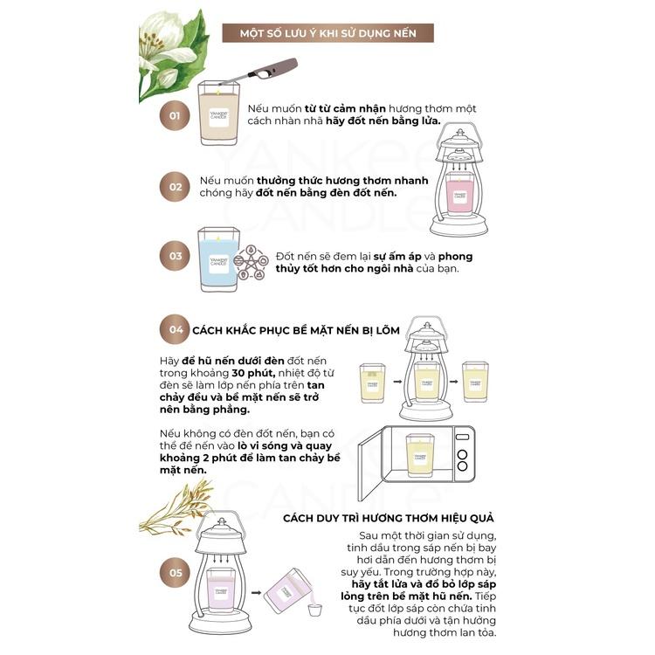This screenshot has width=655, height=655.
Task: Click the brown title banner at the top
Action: tap(327, 33)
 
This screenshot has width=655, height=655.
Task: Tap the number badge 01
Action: tap(175, 115)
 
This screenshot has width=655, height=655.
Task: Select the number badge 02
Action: tap(175, 187)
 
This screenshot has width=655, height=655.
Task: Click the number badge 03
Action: tap(175, 256)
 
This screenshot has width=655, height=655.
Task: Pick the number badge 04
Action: tap(175, 329)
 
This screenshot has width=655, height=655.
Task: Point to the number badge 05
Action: tap(175, 572)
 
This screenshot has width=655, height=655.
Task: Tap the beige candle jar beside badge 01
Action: tap(217, 114)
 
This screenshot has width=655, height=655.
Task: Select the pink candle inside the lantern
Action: tap(459, 194)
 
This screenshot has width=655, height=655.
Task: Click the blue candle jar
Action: tap(218, 259)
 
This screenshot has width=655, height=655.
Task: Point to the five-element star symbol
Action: tap(251, 263)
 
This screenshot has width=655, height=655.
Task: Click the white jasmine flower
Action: tap(166, 47)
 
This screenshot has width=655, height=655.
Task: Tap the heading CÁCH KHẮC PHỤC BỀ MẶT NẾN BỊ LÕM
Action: tap(296, 330)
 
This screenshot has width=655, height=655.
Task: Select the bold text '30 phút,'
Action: tap(253, 373)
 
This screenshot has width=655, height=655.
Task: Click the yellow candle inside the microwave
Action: tap(420, 455)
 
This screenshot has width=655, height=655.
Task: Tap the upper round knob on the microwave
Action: tap(462, 454)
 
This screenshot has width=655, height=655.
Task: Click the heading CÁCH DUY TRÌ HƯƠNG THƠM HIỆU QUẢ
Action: tap(389, 519)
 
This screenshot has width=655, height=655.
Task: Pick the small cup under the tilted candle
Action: tap(314, 610)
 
